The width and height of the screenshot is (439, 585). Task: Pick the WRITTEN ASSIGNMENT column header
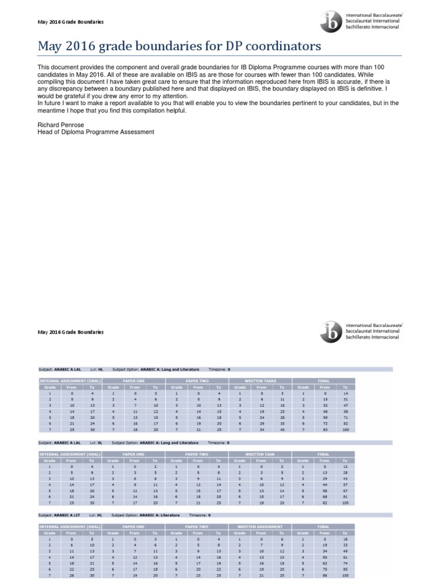[x=261, y=526]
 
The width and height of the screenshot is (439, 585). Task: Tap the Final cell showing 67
[x=345, y=491]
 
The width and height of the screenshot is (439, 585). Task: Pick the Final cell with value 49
[x=345, y=550]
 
